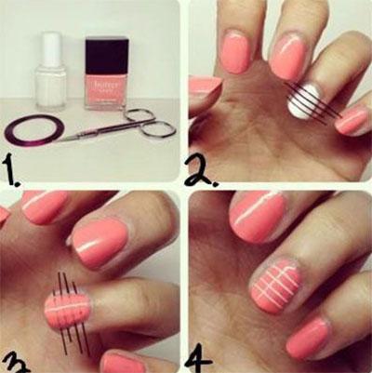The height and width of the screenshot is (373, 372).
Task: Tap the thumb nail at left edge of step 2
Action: pos(203,85)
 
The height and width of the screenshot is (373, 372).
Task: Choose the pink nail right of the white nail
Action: pos(352,119)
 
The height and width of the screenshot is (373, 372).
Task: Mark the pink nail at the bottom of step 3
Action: pos(123,362)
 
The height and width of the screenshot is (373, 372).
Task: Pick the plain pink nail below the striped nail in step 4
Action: pos(308,340)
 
